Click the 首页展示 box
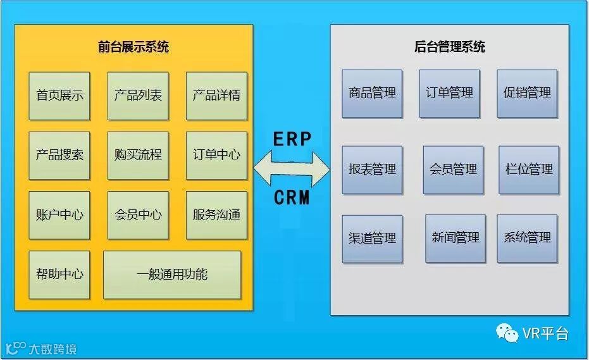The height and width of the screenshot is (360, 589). [x=59, y=96]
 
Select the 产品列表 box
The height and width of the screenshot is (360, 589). [x=138, y=96]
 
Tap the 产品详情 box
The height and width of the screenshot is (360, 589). [x=216, y=96]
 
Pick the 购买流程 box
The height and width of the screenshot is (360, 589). [x=138, y=155]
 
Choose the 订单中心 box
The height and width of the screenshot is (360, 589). [x=216, y=155]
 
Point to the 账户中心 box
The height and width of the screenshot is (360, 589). [x=59, y=215]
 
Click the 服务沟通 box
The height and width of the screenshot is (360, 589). [x=216, y=215]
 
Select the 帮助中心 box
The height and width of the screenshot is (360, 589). [x=59, y=275]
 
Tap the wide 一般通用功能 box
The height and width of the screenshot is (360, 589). [x=172, y=275]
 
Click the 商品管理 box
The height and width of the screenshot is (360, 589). [x=372, y=94]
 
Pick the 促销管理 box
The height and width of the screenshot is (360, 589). [x=527, y=94]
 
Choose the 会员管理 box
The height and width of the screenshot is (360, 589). [x=453, y=170]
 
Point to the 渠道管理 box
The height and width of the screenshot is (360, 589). [x=372, y=239]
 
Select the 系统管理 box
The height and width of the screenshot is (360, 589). [x=527, y=239]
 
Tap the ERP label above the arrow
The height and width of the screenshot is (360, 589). [x=292, y=139]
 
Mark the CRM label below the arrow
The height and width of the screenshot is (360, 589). [x=292, y=198]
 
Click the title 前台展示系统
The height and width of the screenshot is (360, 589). [x=133, y=46]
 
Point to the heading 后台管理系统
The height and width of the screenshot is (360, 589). [x=450, y=46]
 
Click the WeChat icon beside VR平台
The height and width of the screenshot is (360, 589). [x=507, y=332]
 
